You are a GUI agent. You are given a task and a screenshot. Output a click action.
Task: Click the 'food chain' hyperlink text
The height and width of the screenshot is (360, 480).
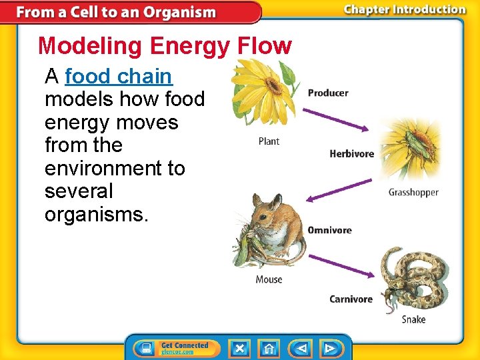click(118, 77)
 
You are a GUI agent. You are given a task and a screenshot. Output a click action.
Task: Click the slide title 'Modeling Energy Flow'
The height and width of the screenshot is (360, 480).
click(165, 46)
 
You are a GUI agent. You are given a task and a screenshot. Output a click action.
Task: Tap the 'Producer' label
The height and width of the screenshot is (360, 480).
click(327, 93)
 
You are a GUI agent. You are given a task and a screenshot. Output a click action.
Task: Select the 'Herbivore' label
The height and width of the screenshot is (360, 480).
click(351, 154)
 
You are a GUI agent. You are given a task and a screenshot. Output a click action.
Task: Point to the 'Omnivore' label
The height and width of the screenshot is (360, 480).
click(329, 230)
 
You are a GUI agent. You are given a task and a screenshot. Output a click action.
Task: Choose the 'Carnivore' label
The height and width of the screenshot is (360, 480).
click(351, 299)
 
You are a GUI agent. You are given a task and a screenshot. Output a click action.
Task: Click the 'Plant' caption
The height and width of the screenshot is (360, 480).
click(269, 141)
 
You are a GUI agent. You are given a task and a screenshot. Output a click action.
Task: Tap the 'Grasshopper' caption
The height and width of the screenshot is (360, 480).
click(413, 193)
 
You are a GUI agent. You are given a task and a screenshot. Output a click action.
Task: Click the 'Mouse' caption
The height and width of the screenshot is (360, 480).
click(269, 280)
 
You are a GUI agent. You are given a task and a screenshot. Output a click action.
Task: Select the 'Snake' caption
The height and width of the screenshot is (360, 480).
click(413, 319)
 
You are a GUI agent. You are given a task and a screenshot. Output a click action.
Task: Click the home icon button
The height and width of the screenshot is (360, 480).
click(269, 348)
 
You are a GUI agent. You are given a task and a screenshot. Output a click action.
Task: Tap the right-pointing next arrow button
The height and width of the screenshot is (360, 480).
click(329, 348)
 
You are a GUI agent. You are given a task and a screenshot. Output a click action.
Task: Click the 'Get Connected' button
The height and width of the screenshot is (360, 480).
click(177, 348)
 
